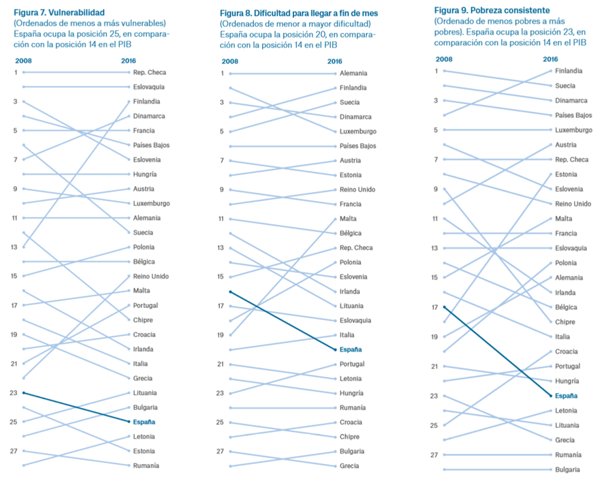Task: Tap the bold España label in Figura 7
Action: pos(144,422)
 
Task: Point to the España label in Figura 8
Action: pos(351,349)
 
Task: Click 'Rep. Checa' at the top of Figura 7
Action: pos(149,72)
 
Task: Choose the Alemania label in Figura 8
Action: pos(354,73)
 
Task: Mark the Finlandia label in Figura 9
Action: pos(569,71)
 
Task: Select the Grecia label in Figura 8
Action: pos(350,466)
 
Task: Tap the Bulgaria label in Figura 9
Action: pos(568,469)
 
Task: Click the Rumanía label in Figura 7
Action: pos(146,465)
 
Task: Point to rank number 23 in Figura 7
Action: pos(14,392)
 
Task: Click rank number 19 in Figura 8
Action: pos(220,335)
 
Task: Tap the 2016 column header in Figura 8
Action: pos(334,61)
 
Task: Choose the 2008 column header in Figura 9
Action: pos(444,59)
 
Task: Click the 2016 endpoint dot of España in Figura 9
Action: pos(550,396)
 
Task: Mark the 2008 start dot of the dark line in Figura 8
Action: pos(230,292)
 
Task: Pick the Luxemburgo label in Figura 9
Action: pos(573,130)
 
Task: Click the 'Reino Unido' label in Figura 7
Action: pos(151,276)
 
